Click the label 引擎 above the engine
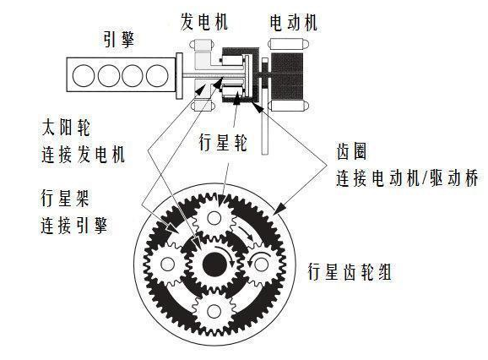(x=118, y=40)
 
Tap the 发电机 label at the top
(x=203, y=22)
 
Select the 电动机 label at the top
(x=293, y=23)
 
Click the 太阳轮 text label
(x=66, y=128)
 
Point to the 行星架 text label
(x=65, y=198)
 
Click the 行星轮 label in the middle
(x=223, y=142)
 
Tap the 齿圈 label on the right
(x=351, y=151)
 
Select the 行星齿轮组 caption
(x=350, y=271)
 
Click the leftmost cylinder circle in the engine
(x=84, y=75)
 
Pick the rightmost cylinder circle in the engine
(x=157, y=75)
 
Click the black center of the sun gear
(x=214, y=265)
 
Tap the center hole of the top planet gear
(x=214, y=218)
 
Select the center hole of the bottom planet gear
(x=214, y=311)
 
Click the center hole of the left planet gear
(x=168, y=265)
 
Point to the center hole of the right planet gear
(x=261, y=265)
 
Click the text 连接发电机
(x=83, y=154)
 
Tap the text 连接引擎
(x=74, y=225)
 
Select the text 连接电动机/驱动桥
(x=407, y=178)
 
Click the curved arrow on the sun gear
(x=227, y=254)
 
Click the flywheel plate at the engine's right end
(x=179, y=76)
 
